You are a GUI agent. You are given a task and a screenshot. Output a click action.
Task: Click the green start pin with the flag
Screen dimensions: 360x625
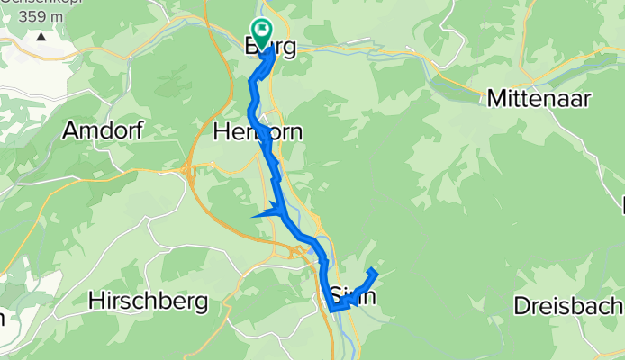pyautogui.click(x=262, y=32)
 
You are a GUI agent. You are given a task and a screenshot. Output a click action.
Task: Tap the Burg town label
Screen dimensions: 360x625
pyautogui.click(x=270, y=49)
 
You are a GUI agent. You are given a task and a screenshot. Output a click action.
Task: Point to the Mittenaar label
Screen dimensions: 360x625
pyautogui.click(x=539, y=99)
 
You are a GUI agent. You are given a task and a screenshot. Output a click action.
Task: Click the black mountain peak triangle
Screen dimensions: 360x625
pyautogui.click(x=41, y=37)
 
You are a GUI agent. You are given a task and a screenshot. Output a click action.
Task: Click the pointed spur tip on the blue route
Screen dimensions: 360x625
pyautogui.click(x=255, y=216)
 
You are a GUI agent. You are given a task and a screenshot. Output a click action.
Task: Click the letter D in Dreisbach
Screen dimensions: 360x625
pyautogui.click(x=521, y=305)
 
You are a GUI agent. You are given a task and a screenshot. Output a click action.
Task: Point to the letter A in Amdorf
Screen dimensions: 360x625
pyautogui.click(x=69, y=130)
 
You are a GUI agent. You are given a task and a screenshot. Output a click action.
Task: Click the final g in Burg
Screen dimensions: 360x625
pyautogui.click(x=288, y=50)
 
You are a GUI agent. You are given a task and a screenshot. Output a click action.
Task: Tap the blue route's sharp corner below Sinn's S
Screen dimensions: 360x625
pyautogui.click(x=332, y=309)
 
